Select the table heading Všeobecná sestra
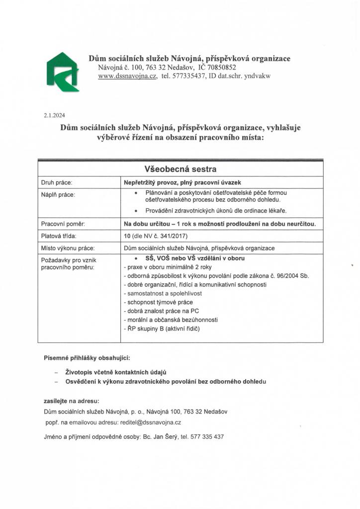point(180,169)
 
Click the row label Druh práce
point(57,182)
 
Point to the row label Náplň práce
point(59,194)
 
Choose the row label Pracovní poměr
point(63,224)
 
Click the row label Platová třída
point(59,236)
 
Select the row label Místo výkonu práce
point(68,248)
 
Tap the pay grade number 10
point(127,236)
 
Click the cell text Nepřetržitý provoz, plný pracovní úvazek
point(189,182)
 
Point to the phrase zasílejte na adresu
point(71,400)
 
